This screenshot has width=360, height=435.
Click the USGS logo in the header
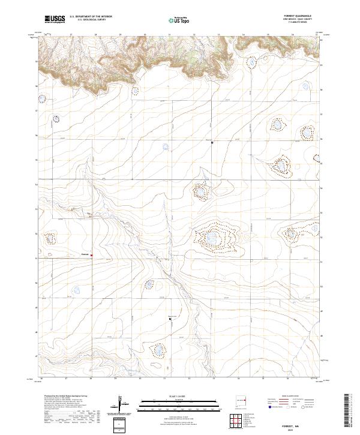55,20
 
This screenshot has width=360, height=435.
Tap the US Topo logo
179,20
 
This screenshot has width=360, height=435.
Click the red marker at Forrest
91,255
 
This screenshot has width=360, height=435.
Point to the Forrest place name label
85,255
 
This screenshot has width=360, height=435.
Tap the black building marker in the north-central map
212,142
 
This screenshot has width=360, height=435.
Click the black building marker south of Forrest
170,319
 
